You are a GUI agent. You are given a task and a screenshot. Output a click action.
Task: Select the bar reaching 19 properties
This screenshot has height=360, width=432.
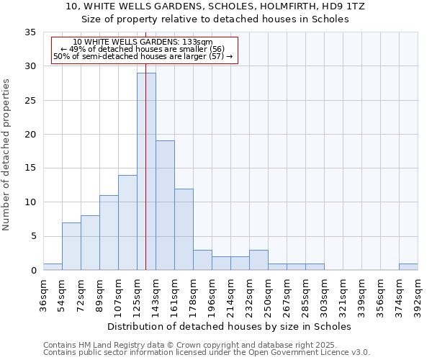point(165,205)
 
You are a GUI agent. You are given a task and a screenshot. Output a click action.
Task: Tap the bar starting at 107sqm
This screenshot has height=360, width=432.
point(127,222)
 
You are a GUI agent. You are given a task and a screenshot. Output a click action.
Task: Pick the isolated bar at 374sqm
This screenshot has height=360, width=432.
point(408,267)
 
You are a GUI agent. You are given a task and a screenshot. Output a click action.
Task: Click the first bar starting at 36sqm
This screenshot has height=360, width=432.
point(53,267)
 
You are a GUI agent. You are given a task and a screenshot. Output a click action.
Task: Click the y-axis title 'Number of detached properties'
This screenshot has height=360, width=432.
point(7,156)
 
